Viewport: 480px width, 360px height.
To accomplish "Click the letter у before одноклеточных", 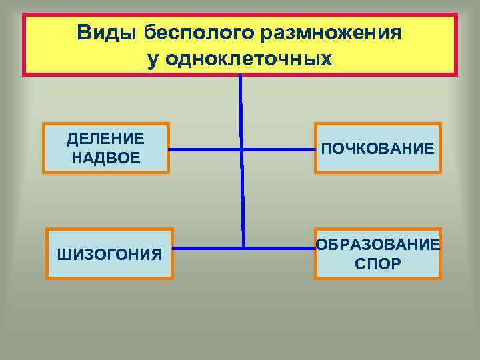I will click(153, 60).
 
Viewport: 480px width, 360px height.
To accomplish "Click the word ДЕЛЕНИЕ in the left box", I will click(105, 139).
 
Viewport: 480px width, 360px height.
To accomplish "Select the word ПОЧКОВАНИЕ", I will click(378, 148).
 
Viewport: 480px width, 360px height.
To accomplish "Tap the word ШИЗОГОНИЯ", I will click(110, 254).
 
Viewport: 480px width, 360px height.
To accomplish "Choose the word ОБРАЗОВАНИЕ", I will click(378, 245).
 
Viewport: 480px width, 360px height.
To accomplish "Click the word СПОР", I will click(378, 264).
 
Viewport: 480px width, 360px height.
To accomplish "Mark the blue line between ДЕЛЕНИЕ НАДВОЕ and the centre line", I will click(203, 149).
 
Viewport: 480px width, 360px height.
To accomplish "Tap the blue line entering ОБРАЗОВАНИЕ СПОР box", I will click(280, 248).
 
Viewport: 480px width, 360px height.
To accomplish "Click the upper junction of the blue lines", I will click(241, 149).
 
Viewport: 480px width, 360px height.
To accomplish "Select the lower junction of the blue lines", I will click(243, 248).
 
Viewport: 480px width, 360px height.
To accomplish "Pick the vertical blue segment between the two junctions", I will click(242, 200).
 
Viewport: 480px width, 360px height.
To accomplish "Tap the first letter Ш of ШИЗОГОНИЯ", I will click(63, 254).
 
